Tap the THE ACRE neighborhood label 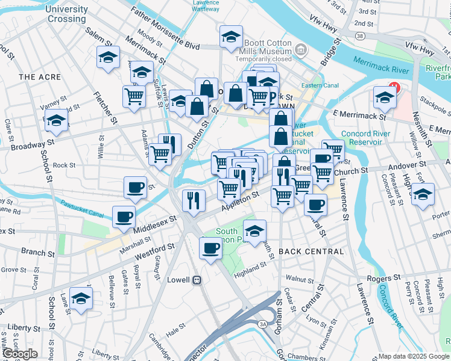[x=40, y=77]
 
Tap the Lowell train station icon [x=196, y=280]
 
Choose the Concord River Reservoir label [x=362, y=138]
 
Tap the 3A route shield [x=262, y=324]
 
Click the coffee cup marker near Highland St [x=210, y=247]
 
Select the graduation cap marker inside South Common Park [x=254, y=230]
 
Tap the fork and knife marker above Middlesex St [x=193, y=200]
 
